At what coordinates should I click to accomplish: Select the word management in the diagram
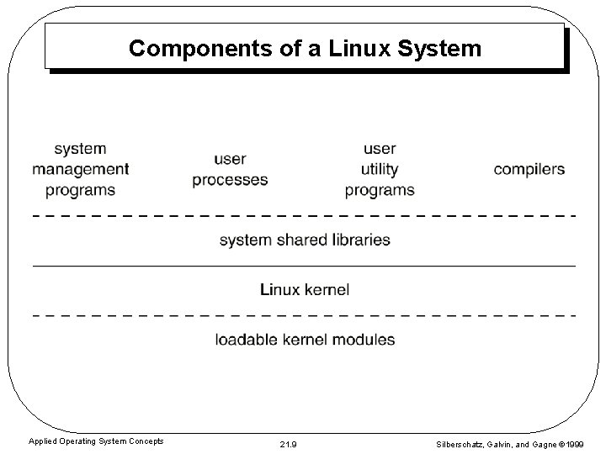tap(81, 169)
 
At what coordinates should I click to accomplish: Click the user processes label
tap(230, 169)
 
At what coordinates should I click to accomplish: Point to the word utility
tap(380, 169)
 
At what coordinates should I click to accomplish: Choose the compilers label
tap(529, 169)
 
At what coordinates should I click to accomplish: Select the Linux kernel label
tap(304, 290)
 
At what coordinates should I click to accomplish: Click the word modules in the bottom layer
tap(364, 340)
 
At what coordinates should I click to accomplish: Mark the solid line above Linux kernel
tap(304, 266)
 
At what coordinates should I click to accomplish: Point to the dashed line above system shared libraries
tap(304, 215)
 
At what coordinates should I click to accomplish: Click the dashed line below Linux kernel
tap(304, 315)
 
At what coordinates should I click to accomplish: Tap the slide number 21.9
tap(286, 441)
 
